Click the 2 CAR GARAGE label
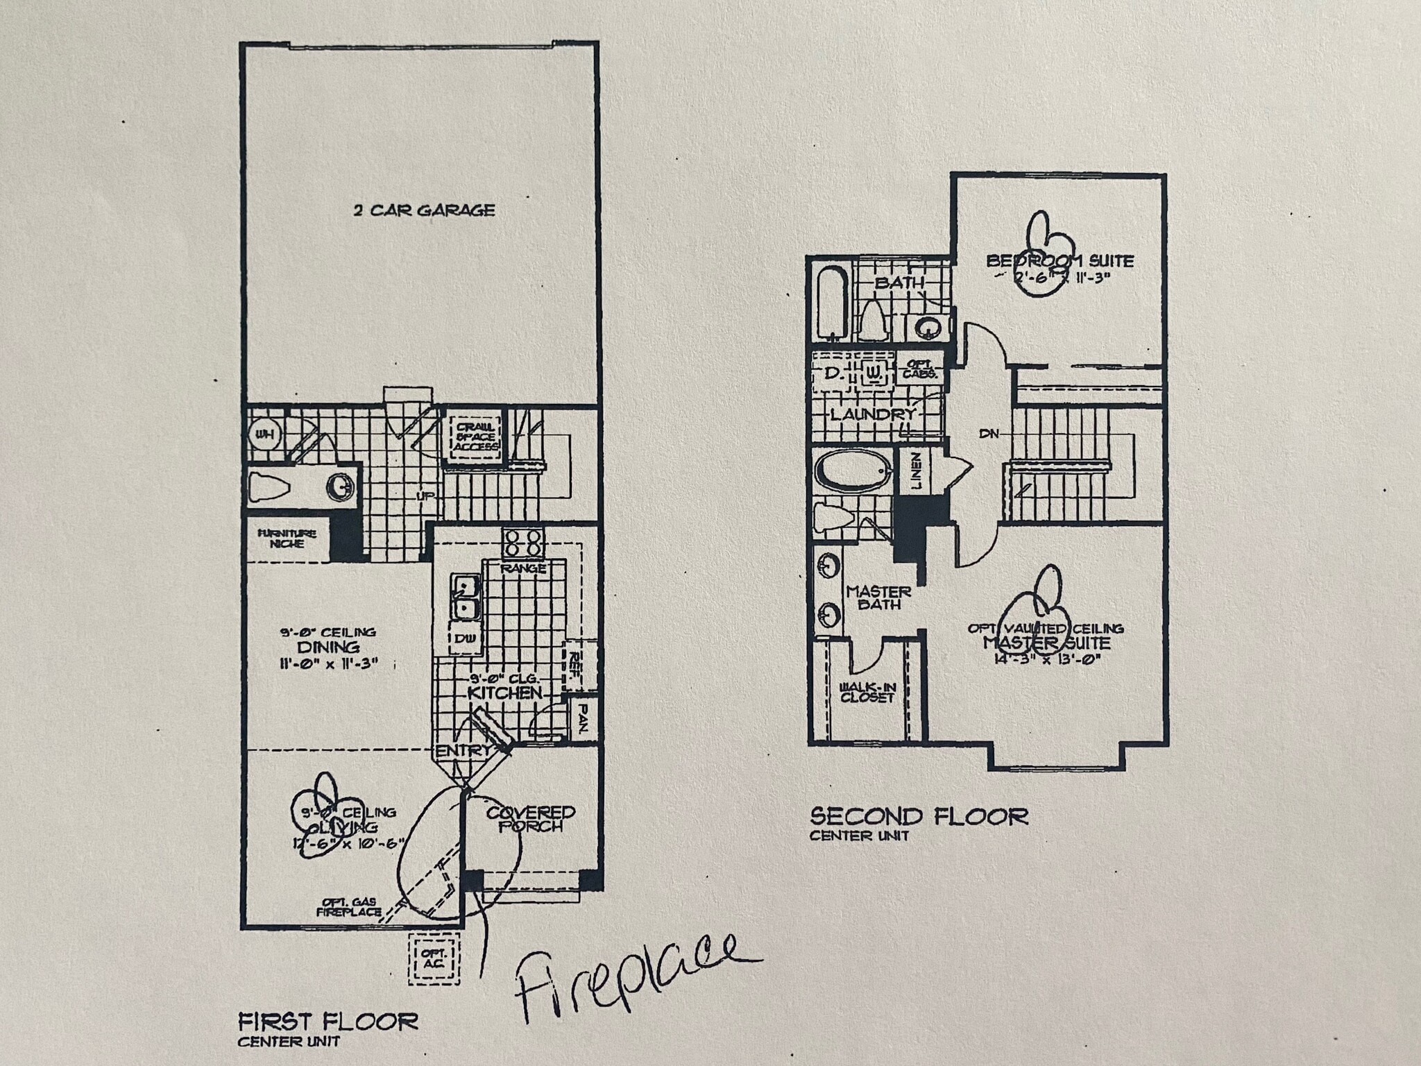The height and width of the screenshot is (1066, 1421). coord(424,210)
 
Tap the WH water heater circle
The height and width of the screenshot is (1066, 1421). coord(262,434)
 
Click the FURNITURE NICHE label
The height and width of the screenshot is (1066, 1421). coord(287,539)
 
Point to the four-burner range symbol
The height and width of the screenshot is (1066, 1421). coord(522,543)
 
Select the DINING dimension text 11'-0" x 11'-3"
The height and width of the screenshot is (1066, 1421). coord(328,663)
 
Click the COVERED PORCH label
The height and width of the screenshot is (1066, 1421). coord(530,819)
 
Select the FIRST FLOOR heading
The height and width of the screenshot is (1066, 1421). coord(328,1022)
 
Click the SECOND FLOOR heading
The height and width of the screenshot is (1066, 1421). coord(919,817)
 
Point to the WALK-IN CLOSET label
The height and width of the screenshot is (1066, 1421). coord(867,693)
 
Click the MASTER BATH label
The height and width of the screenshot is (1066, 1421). coord(878,598)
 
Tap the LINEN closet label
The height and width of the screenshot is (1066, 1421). coord(916,472)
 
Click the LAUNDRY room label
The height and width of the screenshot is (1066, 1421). coord(873,414)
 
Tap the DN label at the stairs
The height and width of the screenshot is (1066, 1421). coord(989,434)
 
